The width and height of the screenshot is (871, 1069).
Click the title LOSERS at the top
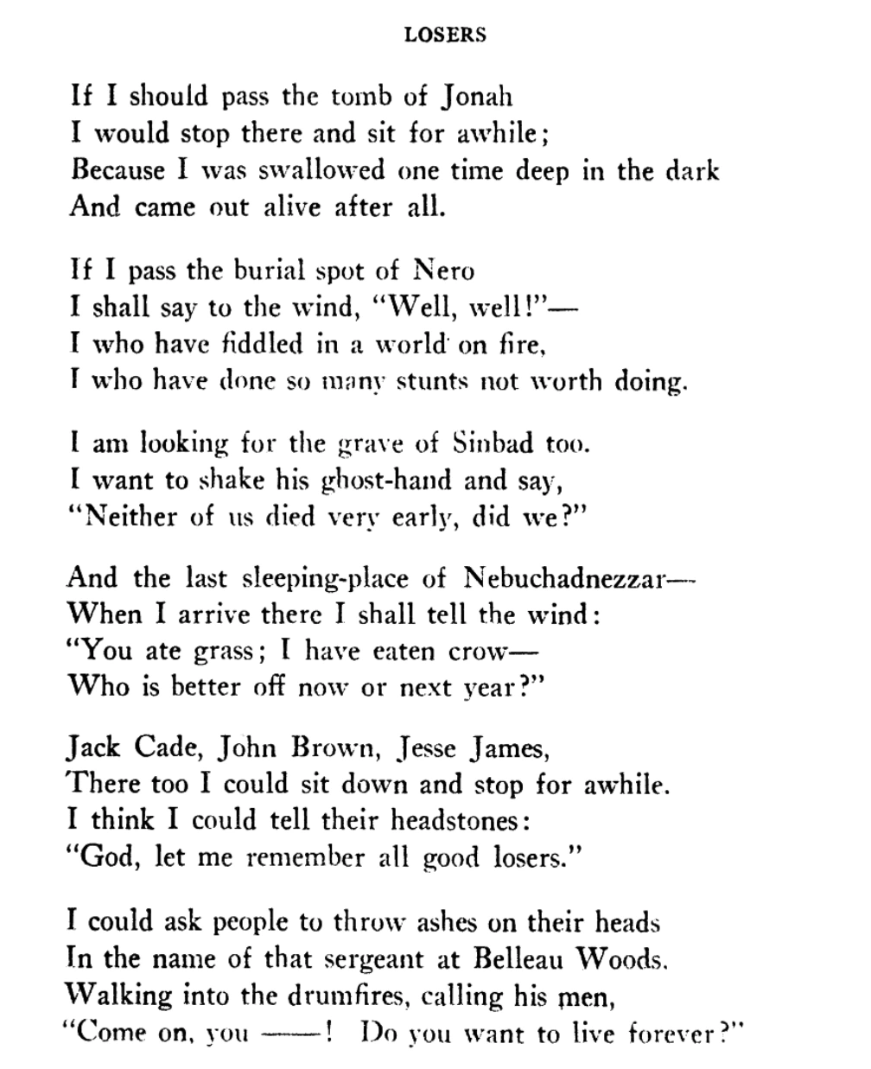tap(445, 35)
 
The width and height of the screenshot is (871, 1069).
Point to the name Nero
tap(444, 270)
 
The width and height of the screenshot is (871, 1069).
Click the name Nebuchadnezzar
tap(563, 576)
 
